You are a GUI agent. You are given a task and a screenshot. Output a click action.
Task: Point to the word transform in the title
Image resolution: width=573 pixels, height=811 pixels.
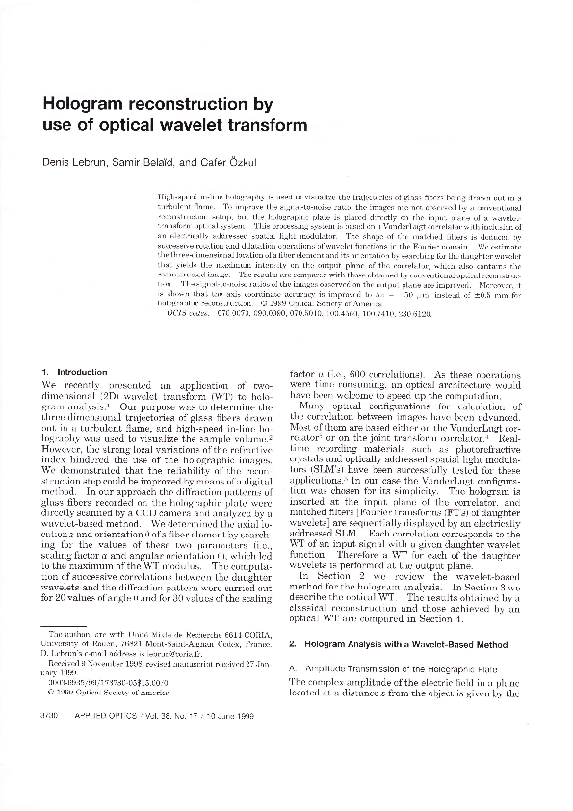(274, 125)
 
